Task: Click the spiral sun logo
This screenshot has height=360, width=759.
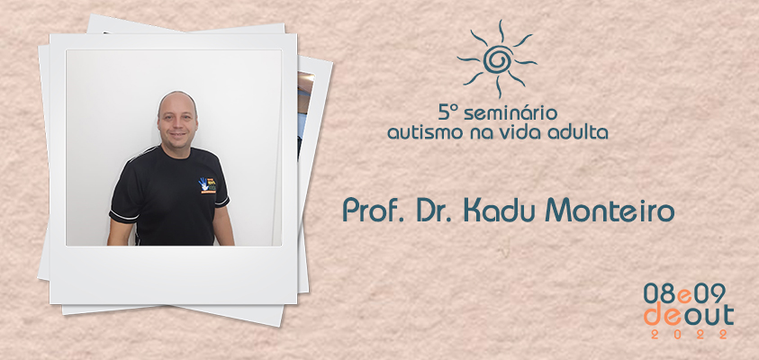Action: [497, 59]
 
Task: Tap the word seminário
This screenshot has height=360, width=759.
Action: [511, 113]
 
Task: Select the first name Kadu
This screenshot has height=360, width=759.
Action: [499, 211]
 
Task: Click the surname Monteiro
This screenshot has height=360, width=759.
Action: [610, 211]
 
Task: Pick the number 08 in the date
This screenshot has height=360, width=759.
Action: [660, 293]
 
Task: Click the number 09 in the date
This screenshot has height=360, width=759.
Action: [709, 293]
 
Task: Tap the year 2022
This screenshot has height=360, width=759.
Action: [689, 334]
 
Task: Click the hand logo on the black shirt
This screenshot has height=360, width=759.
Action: [207, 185]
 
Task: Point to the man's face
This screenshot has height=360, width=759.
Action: [177, 119]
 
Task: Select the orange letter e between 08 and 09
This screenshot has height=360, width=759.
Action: [684, 296]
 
